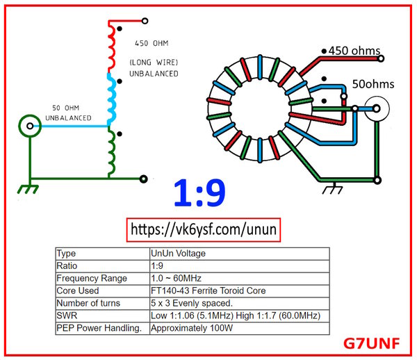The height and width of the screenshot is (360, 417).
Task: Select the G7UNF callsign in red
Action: click(376, 343)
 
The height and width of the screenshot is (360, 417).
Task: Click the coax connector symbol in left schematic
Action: click(29, 126)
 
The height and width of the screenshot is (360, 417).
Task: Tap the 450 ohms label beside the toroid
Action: click(355, 51)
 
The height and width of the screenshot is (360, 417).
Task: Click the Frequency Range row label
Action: click(91, 278)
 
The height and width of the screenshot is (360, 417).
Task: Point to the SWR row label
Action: click(67, 315)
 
